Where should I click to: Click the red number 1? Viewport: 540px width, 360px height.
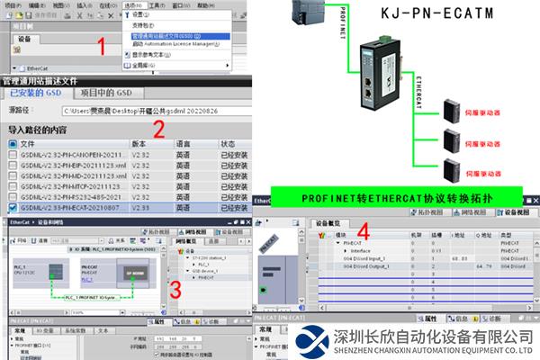point(103,44)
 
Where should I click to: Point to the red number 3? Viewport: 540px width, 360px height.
point(176,289)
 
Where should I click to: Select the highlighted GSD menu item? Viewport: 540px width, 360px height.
point(176,35)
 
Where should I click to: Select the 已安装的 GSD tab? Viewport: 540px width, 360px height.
point(36,94)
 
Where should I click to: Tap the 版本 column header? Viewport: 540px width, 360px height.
point(139,144)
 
